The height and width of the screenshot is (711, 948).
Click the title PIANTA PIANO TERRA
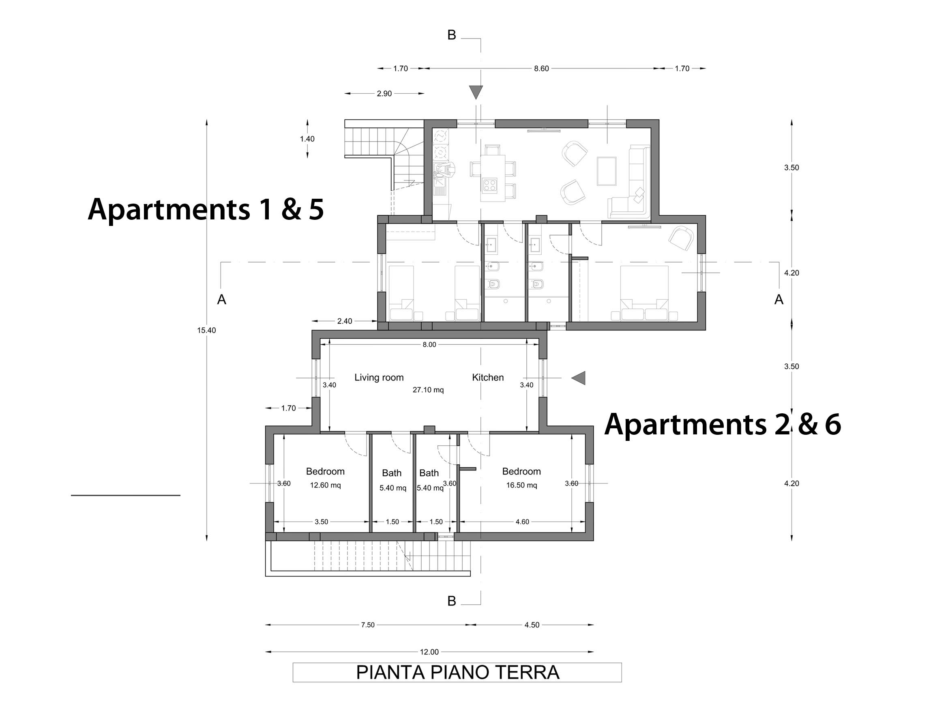pos(457,672)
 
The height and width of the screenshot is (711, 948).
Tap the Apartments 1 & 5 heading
pos(206,209)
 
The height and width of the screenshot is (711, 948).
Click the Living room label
pos(379,378)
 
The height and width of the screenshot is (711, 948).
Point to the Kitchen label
pos(488,378)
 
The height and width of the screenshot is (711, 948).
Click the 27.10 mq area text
pos(428,390)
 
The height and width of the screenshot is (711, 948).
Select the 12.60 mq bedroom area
pos(325,485)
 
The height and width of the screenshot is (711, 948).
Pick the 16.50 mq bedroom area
pos(521,485)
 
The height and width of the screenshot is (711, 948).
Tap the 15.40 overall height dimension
pos(206,330)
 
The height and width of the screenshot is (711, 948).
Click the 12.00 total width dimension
pos(429,652)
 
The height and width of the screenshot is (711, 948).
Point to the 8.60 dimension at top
pos(541,69)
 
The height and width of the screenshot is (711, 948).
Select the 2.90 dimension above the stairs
pos(384,93)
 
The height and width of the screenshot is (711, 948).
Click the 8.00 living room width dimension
pos(429,345)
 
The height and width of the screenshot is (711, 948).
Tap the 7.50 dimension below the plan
pos(368,625)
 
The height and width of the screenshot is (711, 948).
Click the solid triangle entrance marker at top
pos(476,92)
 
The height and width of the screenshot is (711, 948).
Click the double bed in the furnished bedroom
pos(645,293)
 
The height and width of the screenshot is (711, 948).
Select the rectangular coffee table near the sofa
pos(607,172)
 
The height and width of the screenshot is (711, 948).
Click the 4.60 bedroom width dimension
pos(522,522)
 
